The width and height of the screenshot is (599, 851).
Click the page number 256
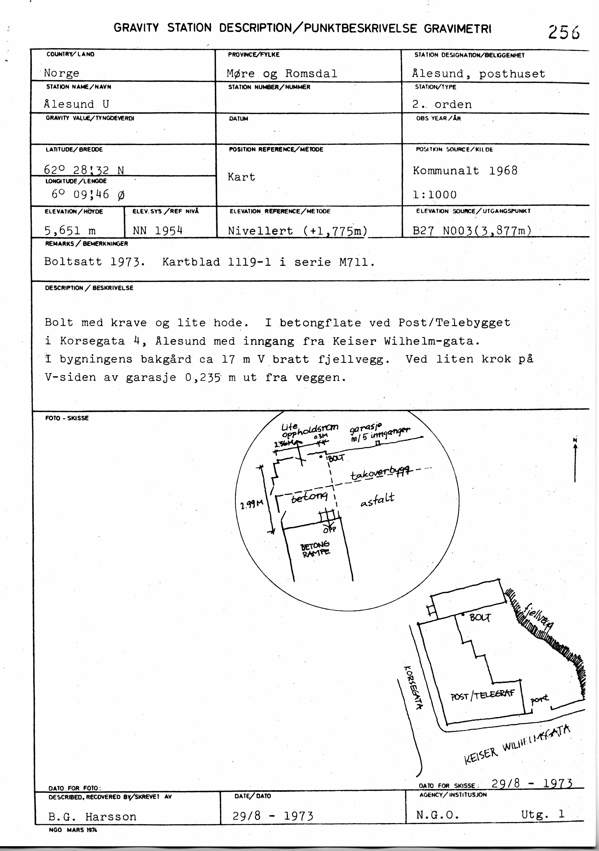click(564, 32)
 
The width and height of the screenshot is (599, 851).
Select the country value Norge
click(62, 73)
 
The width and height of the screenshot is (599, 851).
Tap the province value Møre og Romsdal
click(282, 73)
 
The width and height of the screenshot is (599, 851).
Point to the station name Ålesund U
click(76, 104)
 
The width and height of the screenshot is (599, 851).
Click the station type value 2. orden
click(442, 105)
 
